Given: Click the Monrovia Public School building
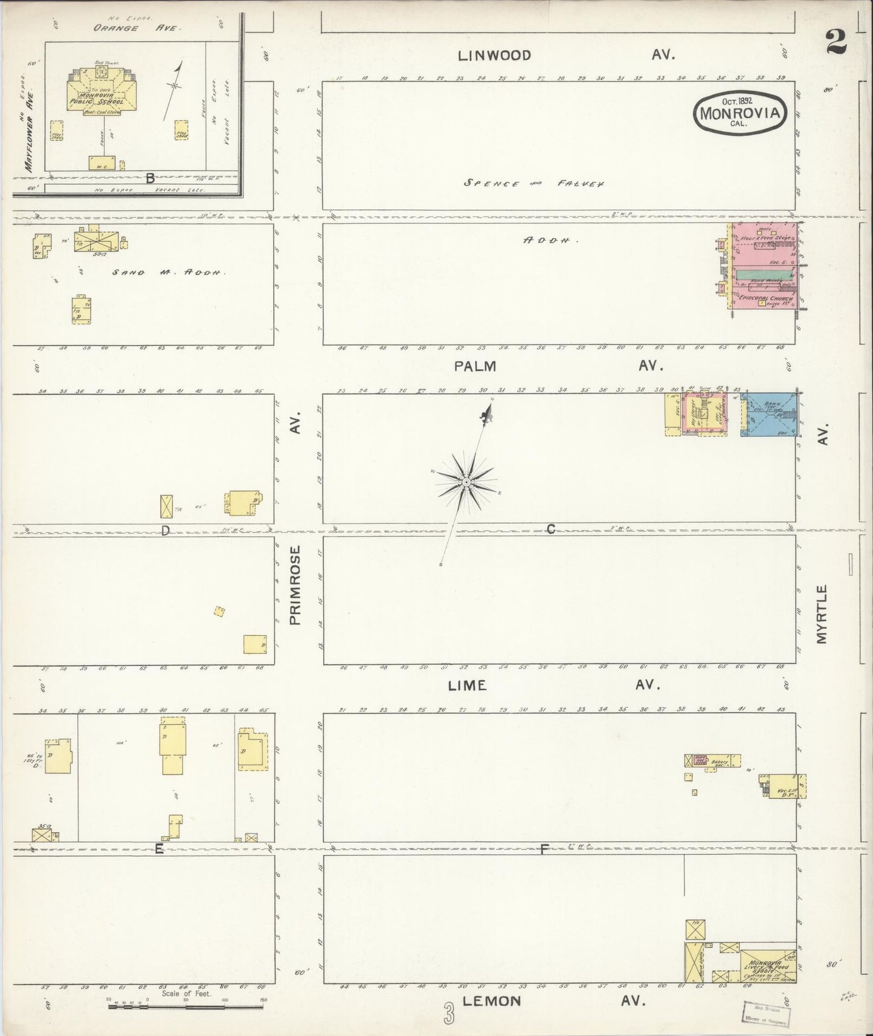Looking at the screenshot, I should (x=97, y=97).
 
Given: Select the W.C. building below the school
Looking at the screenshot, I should (x=101, y=163).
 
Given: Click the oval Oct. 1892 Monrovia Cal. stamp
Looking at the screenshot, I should (x=741, y=112).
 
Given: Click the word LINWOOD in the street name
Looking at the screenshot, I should (x=494, y=56).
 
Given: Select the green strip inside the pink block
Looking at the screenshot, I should (x=764, y=274).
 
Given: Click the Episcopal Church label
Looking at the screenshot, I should (x=765, y=299).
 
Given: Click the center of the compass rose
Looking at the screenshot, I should (x=466, y=482).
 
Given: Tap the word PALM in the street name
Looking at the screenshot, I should (x=477, y=366).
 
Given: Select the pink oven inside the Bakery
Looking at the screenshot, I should (x=700, y=760).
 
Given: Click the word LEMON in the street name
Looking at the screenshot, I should (x=491, y=1001).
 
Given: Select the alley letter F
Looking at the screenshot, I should (x=544, y=849).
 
